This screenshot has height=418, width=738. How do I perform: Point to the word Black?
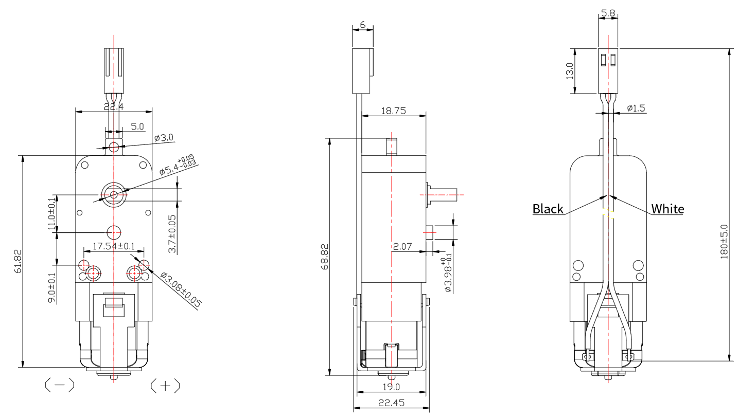(548, 209)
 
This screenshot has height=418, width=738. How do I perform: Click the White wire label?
(667, 209)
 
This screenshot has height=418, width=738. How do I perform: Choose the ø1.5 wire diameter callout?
(636, 108)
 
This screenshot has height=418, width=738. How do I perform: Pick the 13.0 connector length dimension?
(569, 71)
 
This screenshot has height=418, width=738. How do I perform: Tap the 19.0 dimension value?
(391, 387)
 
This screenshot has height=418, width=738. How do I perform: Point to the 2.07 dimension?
(402, 247)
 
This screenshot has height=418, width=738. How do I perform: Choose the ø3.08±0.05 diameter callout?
(180, 290)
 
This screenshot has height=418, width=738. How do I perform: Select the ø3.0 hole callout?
(164, 138)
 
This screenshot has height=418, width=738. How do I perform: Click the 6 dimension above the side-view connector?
(363, 24)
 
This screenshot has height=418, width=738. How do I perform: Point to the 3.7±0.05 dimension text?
(172, 234)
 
